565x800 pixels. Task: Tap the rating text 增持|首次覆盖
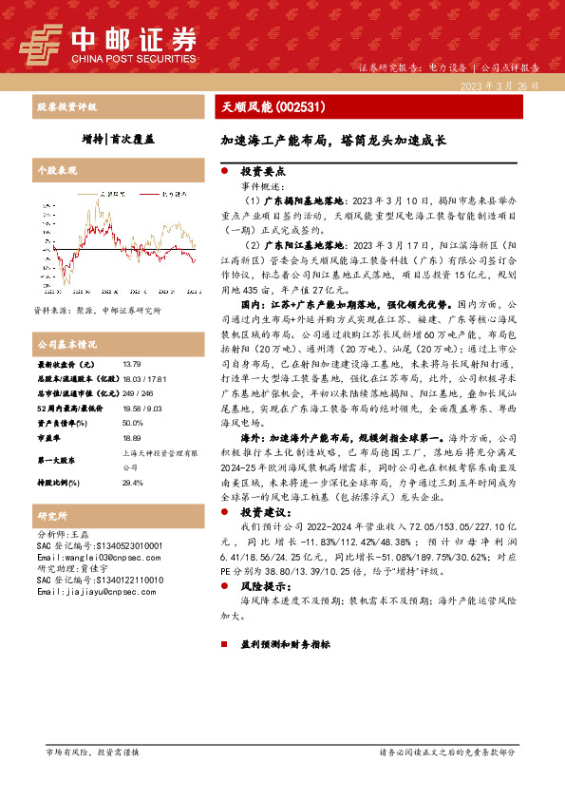click(x=118, y=139)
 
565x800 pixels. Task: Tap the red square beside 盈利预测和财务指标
click(x=224, y=644)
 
